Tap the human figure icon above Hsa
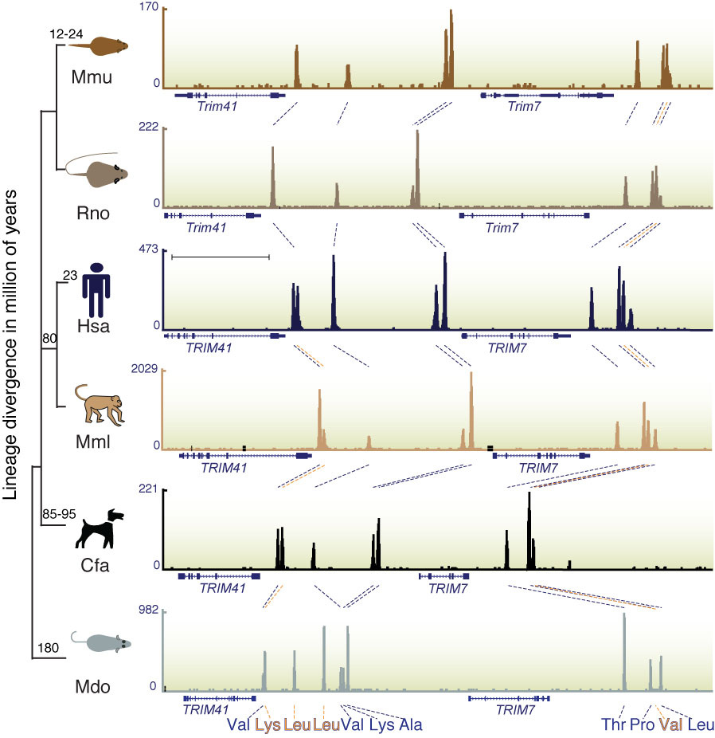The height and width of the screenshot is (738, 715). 97,290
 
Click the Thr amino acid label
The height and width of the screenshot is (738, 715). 613,724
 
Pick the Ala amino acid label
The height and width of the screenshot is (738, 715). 411,724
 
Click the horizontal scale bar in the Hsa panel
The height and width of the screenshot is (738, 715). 221,257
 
